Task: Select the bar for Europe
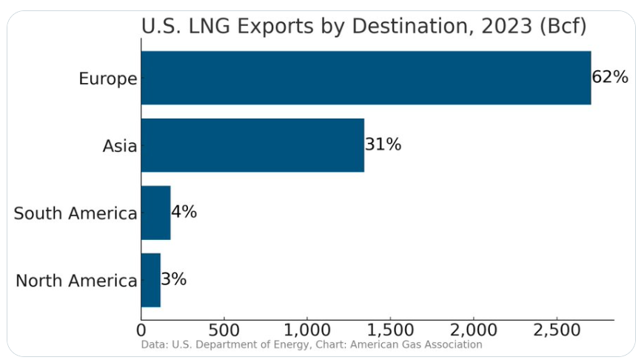pos(366,78)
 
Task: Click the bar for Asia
pos(252,145)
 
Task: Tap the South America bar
pos(155,213)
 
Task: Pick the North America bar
pos(150,280)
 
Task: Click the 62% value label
pos(610,77)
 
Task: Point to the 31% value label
pos(383,144)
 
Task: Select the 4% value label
pos(184,212)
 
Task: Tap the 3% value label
pos(173,279)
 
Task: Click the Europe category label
pos(108,79)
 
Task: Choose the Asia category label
pos(120,146)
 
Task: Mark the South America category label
pos(76,214)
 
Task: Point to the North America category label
pos(76,281)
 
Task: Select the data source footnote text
pos(311,344)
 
